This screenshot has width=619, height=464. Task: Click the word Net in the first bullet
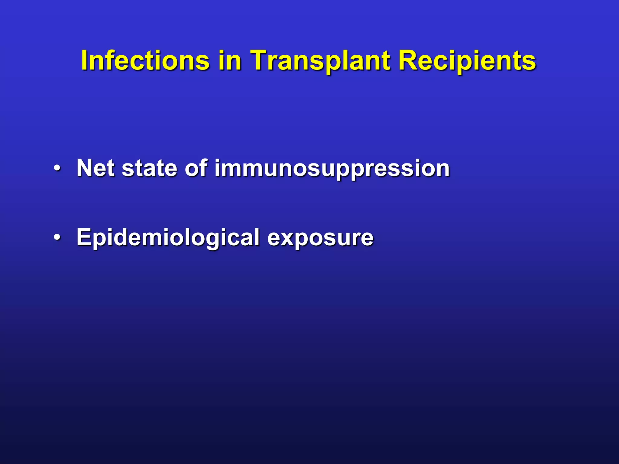coord(96,168)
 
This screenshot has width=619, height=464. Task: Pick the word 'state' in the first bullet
coord(149,168)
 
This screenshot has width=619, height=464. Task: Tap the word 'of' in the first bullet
coord(196,168)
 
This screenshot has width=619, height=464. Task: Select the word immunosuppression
coord(332,169)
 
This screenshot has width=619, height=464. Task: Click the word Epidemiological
coord(168,237)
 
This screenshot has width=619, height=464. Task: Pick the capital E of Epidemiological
coord(84,237)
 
